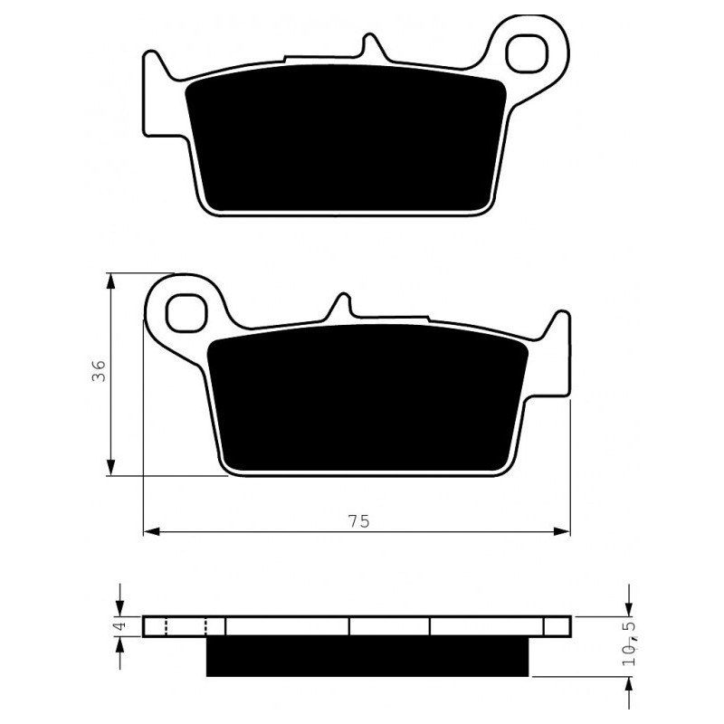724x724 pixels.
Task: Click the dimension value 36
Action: click(99, 371)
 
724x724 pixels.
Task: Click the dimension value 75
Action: click(358, 522)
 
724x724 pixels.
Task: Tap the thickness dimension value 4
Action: click(119, 626)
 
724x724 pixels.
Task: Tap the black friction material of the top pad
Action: click(346, 138)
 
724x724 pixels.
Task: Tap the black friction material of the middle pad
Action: click(367, 397)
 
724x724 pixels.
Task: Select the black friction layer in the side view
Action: click(367, 656)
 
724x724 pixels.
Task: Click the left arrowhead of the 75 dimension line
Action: click(151, 531)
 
